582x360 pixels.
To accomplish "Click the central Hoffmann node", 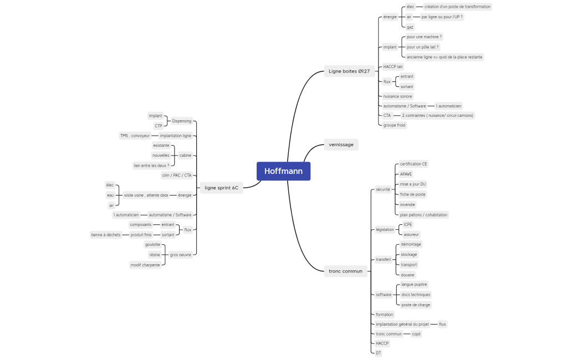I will [x=283, y=171].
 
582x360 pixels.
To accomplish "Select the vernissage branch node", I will [x=341, y=145].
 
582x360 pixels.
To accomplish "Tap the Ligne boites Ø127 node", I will [x=349, y=71].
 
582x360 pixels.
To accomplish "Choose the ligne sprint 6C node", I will [x=221, y=188].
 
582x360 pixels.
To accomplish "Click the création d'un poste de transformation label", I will [x=457, y=7].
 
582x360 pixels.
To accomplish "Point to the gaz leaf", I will [x=410, y=27].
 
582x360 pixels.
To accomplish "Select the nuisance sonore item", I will [x=397, y=96].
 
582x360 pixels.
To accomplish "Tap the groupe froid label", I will [x=394, y=125].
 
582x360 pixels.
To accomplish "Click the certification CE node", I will [x=413, y=164].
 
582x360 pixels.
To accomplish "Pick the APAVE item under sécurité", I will [x=406, y=174].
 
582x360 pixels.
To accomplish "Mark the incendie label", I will [x=407, y=204].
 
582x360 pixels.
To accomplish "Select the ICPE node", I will [x=407, y=224].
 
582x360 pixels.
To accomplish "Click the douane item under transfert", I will [x=407, y=275].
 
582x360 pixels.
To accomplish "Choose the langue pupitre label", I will [x=414, y=284].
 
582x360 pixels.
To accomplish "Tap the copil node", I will [x=416, y=334].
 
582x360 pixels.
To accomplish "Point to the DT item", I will [x=378, y=353].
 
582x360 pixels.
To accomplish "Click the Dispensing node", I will [x=181, y=121].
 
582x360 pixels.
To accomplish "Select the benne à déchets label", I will [x=106, y=235].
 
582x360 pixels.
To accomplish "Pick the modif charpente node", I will [x=145, y=265].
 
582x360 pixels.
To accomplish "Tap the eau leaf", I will [x=110, y=195].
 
